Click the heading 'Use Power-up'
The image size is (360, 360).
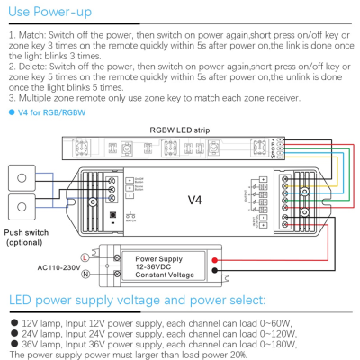[x=49, y=13]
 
